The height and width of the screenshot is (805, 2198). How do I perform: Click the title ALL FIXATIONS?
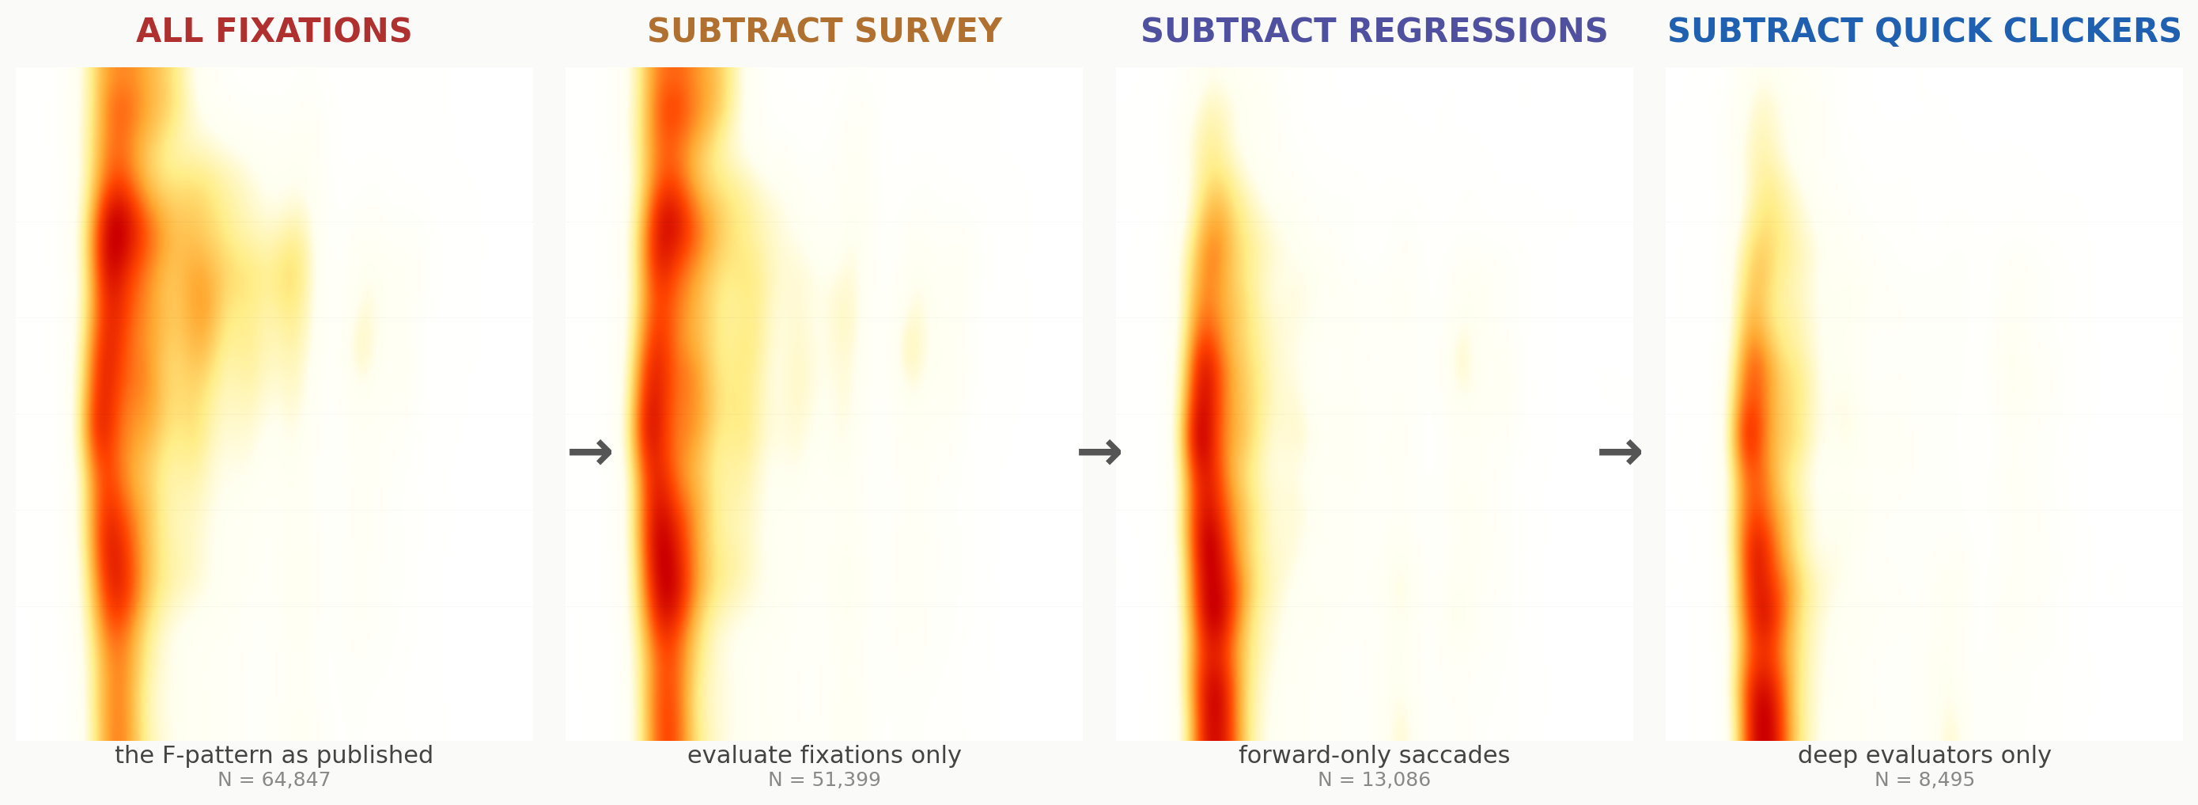(274, 32)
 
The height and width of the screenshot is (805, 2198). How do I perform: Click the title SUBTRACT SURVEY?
(824, 32)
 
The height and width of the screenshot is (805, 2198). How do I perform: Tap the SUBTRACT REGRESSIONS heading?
(1374, 32)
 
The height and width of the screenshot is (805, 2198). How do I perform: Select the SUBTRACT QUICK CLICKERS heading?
(1924, 32)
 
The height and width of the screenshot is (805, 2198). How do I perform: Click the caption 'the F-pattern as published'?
(274, 754)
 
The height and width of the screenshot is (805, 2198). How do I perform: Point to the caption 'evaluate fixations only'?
(824, 754)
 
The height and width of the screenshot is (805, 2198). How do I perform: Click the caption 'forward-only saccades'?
(1374, 754)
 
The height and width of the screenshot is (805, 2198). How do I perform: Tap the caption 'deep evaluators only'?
(1924, 754)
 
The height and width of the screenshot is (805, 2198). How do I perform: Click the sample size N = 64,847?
(274, 780)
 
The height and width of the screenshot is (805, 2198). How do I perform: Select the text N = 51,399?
(824, 780)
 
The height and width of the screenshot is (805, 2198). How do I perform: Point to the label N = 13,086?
(1374, 780)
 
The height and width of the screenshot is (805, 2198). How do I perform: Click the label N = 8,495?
(1924, 780)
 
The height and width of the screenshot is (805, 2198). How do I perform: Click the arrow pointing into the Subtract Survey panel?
(591, 453)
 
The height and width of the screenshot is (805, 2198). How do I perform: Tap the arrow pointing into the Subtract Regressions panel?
(1100, 453)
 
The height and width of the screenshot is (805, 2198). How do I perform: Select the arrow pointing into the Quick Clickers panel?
(1621, 453)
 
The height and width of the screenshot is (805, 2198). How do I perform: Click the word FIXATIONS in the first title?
(313, 32)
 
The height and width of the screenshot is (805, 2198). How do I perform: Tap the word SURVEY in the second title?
(928, 32)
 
